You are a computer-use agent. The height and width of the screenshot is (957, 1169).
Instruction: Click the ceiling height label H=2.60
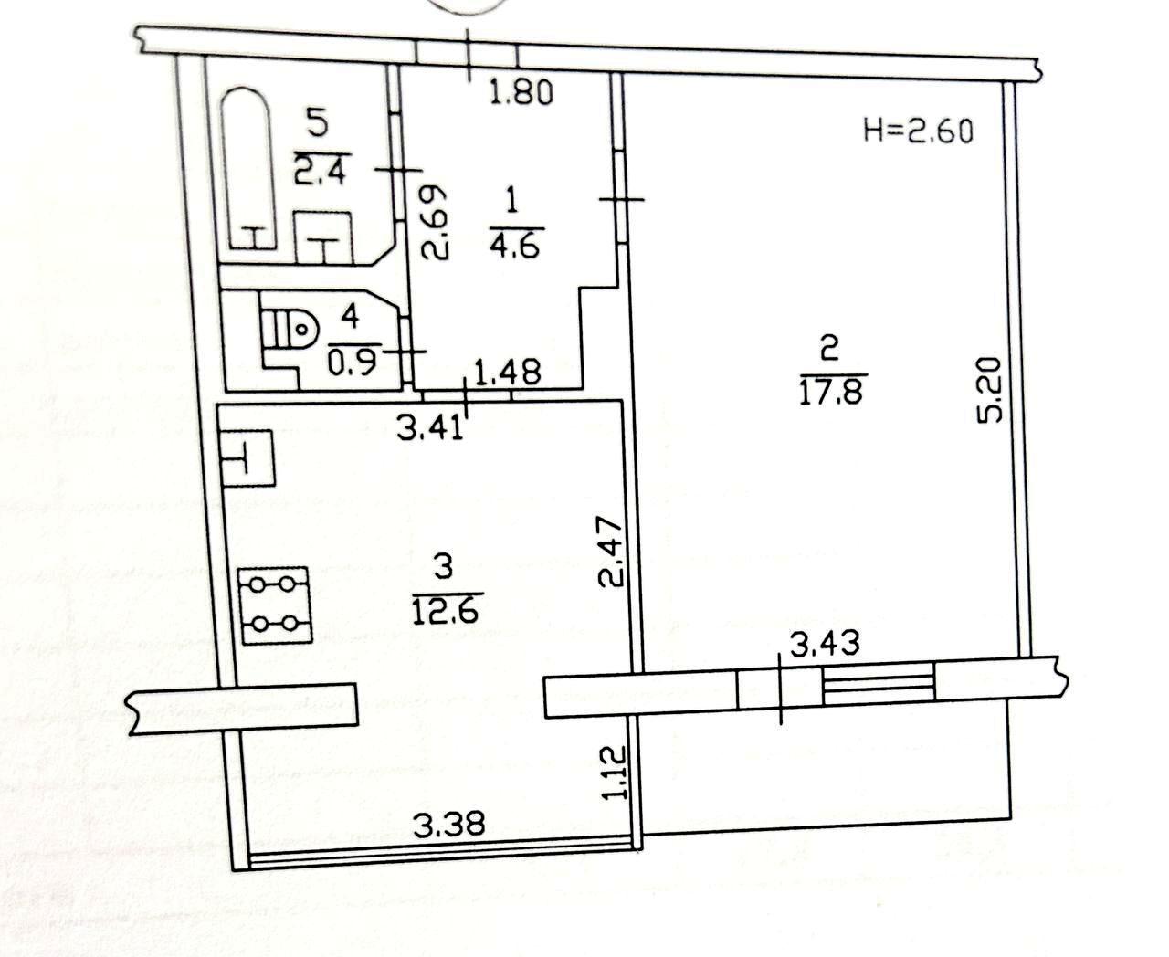point(918,132)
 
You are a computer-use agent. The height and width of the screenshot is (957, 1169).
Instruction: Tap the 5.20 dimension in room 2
point(991,390)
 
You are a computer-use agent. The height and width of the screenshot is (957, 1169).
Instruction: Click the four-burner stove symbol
point(274,605)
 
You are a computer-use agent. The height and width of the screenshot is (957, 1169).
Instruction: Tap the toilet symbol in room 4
point(290,329)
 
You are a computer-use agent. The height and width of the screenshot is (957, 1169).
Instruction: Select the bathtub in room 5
point(248,168)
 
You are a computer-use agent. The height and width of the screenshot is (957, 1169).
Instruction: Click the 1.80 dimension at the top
point(521,92)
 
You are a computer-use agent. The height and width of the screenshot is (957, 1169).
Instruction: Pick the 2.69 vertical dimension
point(434,222)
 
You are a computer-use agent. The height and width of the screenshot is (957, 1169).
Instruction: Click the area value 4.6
point(515,246)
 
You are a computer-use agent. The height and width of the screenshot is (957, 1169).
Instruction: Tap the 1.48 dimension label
point(508,372)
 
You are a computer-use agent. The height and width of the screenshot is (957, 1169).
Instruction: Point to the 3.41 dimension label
point(430,428)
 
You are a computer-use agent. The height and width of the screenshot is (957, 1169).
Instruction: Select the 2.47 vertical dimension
point(611,552)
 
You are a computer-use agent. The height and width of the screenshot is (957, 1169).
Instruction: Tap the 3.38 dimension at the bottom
point(449,824)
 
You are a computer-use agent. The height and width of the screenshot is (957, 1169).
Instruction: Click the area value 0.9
point(352,363)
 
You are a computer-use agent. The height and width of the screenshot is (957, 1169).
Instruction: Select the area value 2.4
point(320,171)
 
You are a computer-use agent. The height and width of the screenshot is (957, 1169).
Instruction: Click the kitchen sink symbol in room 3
point(247,458)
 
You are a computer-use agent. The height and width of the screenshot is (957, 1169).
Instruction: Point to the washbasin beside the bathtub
point(323,237)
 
